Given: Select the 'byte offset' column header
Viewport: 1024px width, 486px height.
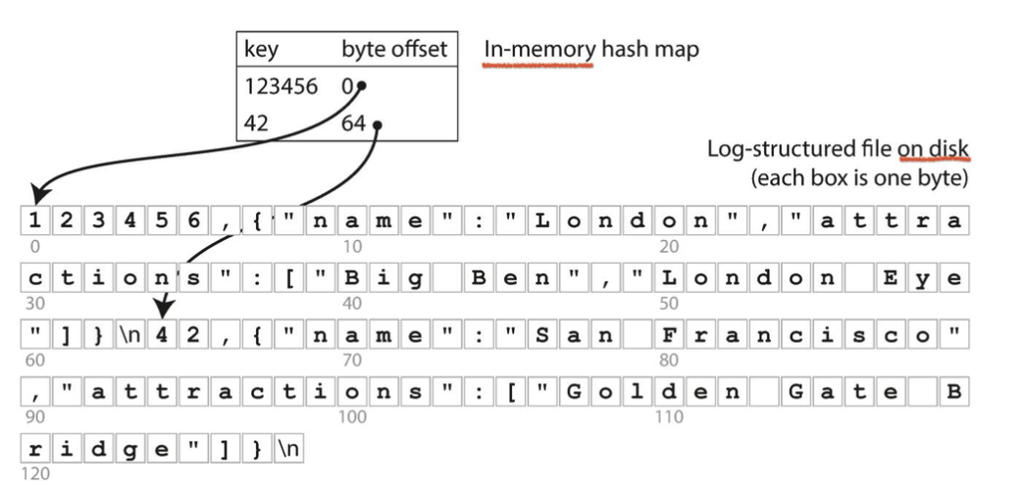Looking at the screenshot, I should (394, 49).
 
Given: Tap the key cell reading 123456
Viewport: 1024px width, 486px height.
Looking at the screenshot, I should (281, 87).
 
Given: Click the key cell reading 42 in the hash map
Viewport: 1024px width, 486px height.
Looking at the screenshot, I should (256, 124).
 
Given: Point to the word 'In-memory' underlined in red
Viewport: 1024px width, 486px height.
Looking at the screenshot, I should (538, 49).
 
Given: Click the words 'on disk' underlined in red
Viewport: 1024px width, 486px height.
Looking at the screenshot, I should (933, 149).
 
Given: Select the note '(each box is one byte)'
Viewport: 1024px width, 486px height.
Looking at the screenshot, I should (860, 179).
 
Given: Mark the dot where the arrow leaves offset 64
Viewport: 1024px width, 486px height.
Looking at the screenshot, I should (377, 124).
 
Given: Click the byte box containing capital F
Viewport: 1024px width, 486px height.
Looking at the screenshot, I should (669, 335).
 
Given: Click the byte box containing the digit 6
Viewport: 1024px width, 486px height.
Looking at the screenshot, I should (193, 221).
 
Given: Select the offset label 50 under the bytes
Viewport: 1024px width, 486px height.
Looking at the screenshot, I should (669, 303).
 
